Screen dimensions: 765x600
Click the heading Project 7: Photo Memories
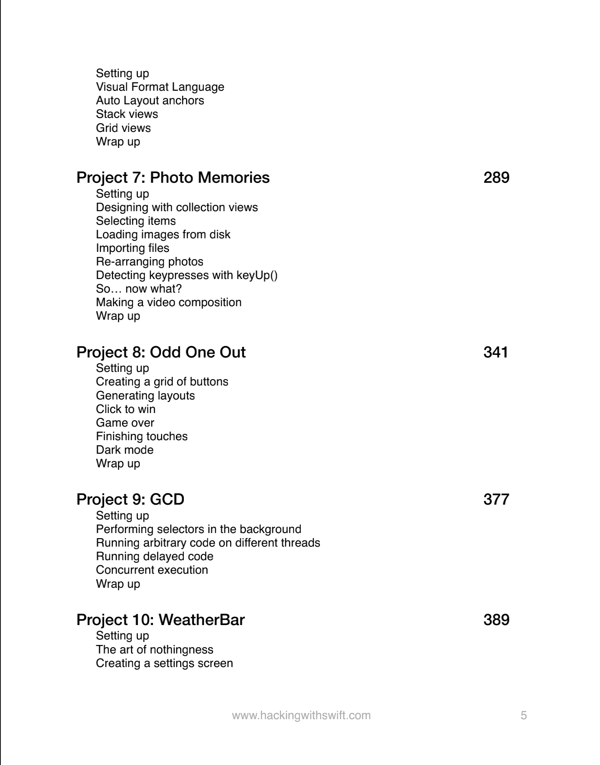point(173,178)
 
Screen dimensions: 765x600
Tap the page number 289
point(496,178)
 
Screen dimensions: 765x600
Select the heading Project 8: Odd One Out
point(161,352)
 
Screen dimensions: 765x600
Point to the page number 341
point(496,352)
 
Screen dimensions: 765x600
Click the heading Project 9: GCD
point(130,500)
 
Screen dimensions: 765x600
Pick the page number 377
point(496,500)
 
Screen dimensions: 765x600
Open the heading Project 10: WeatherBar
point(161,620)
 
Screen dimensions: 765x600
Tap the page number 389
point(496,620)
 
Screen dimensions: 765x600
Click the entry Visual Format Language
point(160,87)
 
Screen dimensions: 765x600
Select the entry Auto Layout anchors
point(150,101)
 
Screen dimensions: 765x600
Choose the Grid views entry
point(123,128)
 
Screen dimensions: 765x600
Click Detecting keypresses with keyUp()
point(187,275)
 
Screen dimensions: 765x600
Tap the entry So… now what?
point(139,289)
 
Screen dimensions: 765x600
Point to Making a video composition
point(169,302)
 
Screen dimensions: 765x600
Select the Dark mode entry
point(125,450)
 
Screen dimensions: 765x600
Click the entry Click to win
point(125,409)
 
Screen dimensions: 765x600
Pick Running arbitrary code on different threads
point(208,543)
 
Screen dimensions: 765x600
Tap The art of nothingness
point(155,650)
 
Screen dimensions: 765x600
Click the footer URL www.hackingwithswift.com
point(301,715)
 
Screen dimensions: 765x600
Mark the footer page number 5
point(524,715)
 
